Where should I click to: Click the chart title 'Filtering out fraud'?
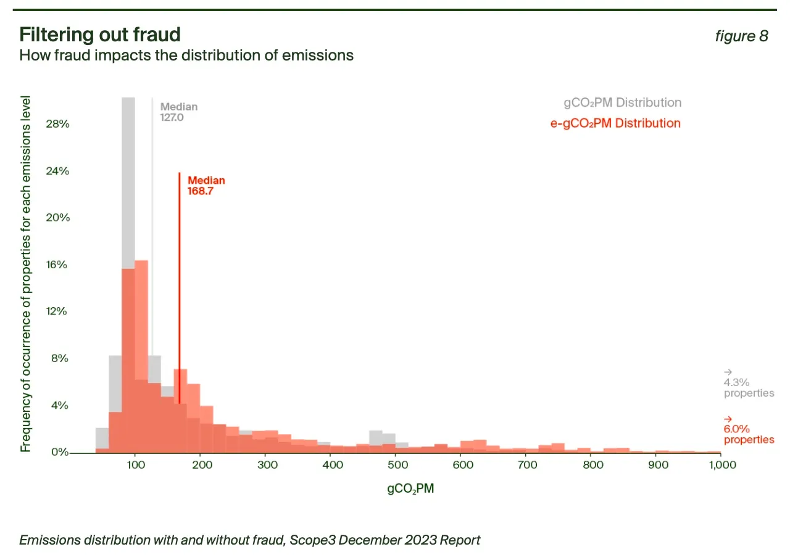click(x=100, y=34)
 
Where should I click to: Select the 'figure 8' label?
click(x=741, y=36)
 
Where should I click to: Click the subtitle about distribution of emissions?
click(x=186, y=55)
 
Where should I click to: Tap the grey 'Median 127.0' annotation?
click(x=178, y=112)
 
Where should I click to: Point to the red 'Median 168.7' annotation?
click(x=206, y=186)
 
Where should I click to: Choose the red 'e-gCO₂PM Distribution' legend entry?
click(x=615, y=123)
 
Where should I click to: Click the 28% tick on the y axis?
click(x=57, y=124)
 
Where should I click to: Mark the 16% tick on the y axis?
click(x=57, y=265)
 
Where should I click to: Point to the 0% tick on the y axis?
click(x=59, y=452)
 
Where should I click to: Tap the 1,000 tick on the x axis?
click(x=720, y=465)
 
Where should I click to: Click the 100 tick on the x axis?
click(x=135, y=465)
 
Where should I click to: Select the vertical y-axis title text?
click(x=26, y=274)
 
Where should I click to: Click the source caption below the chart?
click(x=250, y=540)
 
